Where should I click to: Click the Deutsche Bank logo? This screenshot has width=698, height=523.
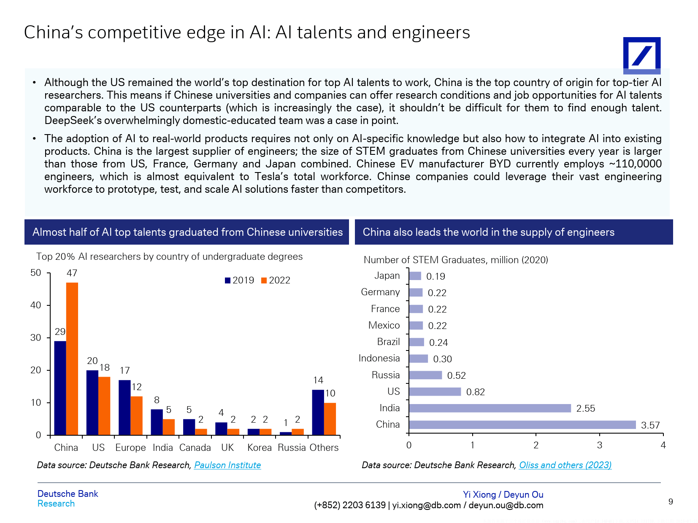641,55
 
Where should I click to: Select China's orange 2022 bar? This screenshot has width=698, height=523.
72,359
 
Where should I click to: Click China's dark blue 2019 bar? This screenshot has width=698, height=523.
60,388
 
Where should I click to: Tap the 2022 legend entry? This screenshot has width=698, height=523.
276,280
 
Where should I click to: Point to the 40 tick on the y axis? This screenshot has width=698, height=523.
36,305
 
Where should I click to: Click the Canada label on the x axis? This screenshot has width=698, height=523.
195,448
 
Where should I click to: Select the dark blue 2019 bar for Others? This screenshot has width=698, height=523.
318,412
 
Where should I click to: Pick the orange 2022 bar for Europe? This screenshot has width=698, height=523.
137,415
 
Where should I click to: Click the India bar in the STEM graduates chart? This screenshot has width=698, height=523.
490,408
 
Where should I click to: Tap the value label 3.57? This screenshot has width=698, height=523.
650,425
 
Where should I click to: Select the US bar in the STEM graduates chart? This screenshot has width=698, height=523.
435,392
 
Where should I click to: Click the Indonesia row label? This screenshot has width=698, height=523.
379,359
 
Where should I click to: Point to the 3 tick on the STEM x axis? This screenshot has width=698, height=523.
599,445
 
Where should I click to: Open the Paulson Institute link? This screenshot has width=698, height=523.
227,465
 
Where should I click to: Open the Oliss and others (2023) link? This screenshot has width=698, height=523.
565,465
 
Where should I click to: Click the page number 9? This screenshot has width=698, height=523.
671,501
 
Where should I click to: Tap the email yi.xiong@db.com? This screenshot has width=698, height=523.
426,505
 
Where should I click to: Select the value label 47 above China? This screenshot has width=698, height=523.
72,273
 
